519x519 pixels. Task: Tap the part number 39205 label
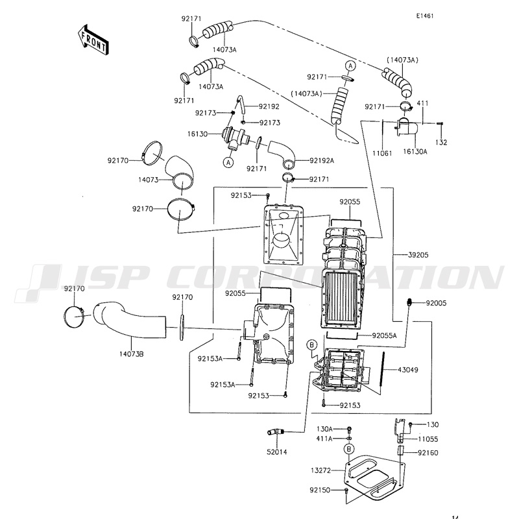point(418,254)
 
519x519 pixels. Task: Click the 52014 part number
point(276,451)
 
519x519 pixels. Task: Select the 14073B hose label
point(131,354)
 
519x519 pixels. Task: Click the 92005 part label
point(439,303)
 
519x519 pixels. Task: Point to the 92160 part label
point(428,453)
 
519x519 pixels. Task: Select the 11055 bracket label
point(428,439)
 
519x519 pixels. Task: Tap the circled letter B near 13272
point(349,449)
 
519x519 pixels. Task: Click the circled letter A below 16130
point(228,162)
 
